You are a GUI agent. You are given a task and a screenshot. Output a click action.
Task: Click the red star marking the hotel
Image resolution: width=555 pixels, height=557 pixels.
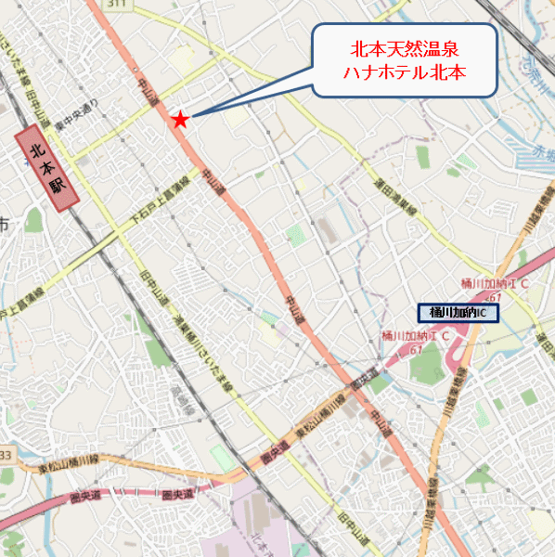coord(180,120)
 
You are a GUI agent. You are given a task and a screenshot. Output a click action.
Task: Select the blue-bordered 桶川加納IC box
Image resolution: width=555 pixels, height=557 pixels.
coord(458,313)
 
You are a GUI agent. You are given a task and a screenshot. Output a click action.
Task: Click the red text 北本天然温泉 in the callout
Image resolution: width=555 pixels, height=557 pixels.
coord(405,48)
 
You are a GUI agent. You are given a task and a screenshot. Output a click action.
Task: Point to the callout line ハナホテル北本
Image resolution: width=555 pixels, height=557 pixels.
coord(405,71)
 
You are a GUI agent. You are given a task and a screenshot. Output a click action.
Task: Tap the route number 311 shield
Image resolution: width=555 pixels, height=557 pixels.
coord(116,5)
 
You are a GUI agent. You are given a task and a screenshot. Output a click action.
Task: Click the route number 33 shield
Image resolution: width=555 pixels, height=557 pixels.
coord(6,455)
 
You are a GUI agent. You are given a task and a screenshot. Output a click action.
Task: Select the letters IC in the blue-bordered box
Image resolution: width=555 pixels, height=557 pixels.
coord(481,313)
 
